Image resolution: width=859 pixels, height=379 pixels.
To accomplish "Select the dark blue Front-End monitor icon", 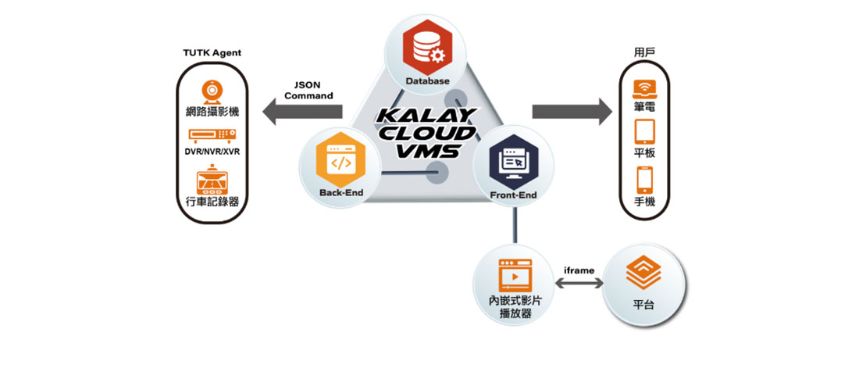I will coord(515,161).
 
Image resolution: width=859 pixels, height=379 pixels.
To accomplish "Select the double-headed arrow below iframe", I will coord(579,284).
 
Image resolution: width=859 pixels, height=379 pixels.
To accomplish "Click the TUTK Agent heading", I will coord(212,53).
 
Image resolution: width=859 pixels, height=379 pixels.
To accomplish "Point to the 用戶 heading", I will coord(644,52).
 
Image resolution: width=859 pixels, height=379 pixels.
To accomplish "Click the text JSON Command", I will coord(308,90).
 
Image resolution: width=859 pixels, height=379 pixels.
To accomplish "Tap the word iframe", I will coord(579,270).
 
